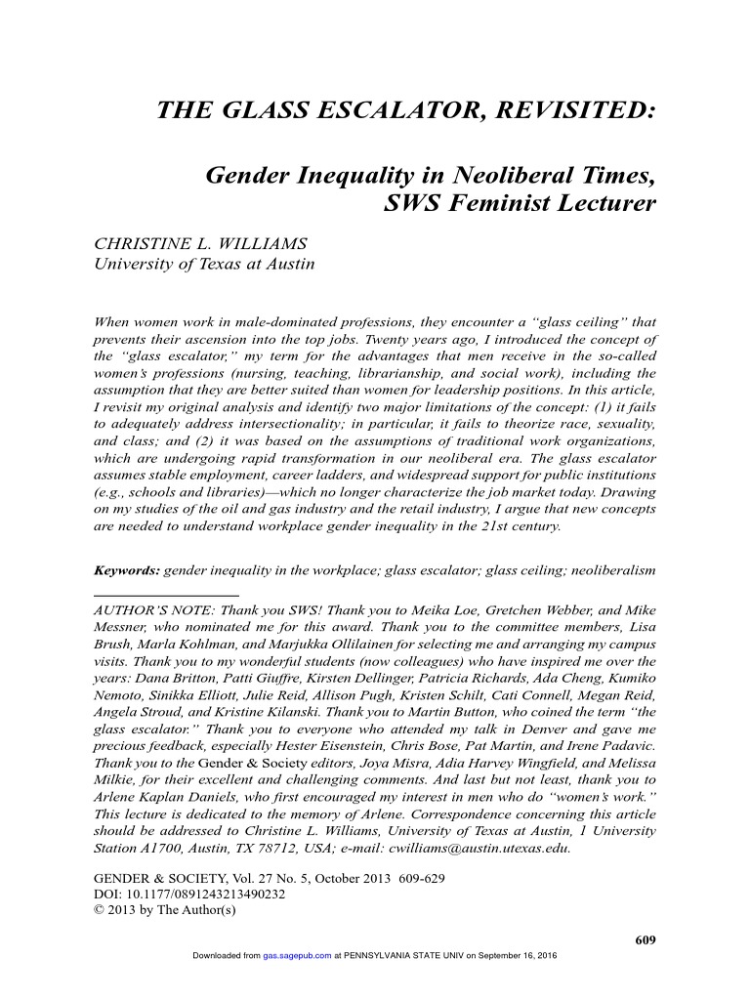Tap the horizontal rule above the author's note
(x=165, y=594)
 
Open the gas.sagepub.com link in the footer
(x=298, y=955)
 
